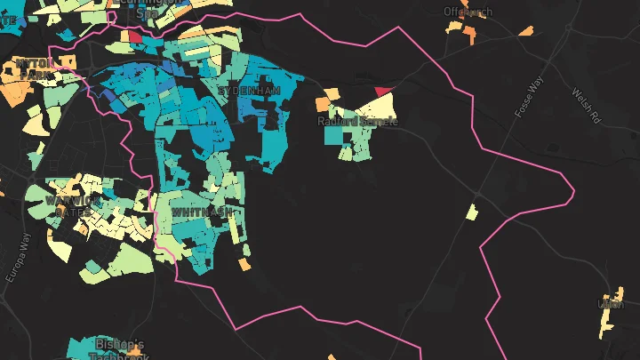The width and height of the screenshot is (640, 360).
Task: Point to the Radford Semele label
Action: tap(358, 121)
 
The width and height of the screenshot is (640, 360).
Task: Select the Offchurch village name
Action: tap(468, 12)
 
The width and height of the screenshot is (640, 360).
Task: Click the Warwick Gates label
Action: tap(73, 206)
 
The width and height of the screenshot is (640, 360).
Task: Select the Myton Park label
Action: tap(36, 68)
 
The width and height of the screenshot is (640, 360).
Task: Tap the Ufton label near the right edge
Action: tap(612, 303)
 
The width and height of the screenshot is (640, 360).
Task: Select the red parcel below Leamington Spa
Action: tap(135, 36)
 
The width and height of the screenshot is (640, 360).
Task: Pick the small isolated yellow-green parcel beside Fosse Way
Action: tap(471, 212)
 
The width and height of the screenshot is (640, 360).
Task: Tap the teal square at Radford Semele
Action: tap(333, 135)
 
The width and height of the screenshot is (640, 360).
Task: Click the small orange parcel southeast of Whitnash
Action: tap(244, 264)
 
